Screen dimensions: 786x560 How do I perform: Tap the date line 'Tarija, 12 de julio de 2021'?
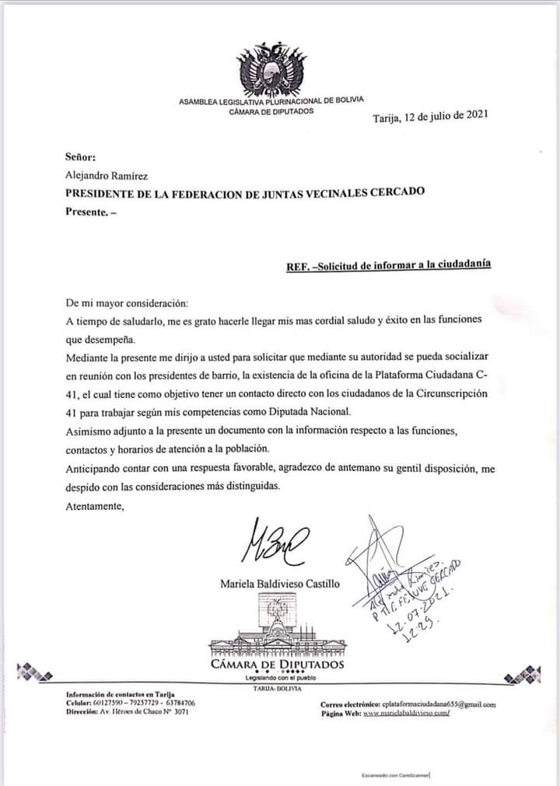click(x=430, y=117)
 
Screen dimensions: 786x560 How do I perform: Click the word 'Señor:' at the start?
click(x=81, y=156)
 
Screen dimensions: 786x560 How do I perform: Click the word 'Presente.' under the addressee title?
click(x=86, y=212)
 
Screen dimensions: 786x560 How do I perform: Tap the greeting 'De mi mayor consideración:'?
click(x=127, y=302)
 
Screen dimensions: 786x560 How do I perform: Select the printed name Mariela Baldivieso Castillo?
click(x=280, y=583)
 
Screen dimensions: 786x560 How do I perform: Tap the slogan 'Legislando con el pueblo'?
click(x=277, y=679)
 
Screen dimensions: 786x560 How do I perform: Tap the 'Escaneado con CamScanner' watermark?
click(x=395, y=775)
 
